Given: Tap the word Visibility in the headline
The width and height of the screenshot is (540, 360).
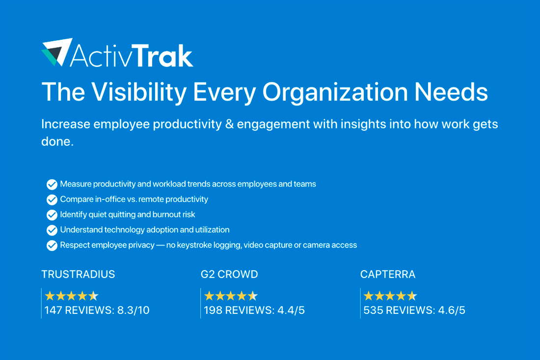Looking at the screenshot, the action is [x=139, y=92].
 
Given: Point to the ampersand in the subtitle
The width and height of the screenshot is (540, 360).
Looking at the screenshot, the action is [x=229, y=124].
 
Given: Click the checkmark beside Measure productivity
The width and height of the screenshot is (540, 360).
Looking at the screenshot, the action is [x=52, y=184].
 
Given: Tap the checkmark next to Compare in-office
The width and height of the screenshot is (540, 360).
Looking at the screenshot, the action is [x=52, y=199].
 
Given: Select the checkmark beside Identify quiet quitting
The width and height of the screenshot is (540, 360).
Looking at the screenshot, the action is [x=52, y=215].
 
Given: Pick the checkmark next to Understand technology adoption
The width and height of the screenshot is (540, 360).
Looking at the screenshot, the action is [x=52, y=230].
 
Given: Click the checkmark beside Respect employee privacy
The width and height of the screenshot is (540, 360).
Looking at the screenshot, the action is [x=52, y=245].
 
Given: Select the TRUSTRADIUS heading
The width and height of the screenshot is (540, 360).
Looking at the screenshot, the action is [x=78, y=274].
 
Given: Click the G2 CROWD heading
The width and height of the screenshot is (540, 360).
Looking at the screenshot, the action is [x=229, y=274].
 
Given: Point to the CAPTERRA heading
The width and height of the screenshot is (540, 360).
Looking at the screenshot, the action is [x=388, y=274].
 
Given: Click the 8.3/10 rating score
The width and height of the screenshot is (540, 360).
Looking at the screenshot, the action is [x=133, y=310].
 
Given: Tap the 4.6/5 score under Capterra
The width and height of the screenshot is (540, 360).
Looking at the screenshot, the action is [x=452, y=310].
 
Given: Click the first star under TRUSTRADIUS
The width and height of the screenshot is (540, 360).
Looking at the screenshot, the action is [x=50, y=296].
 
